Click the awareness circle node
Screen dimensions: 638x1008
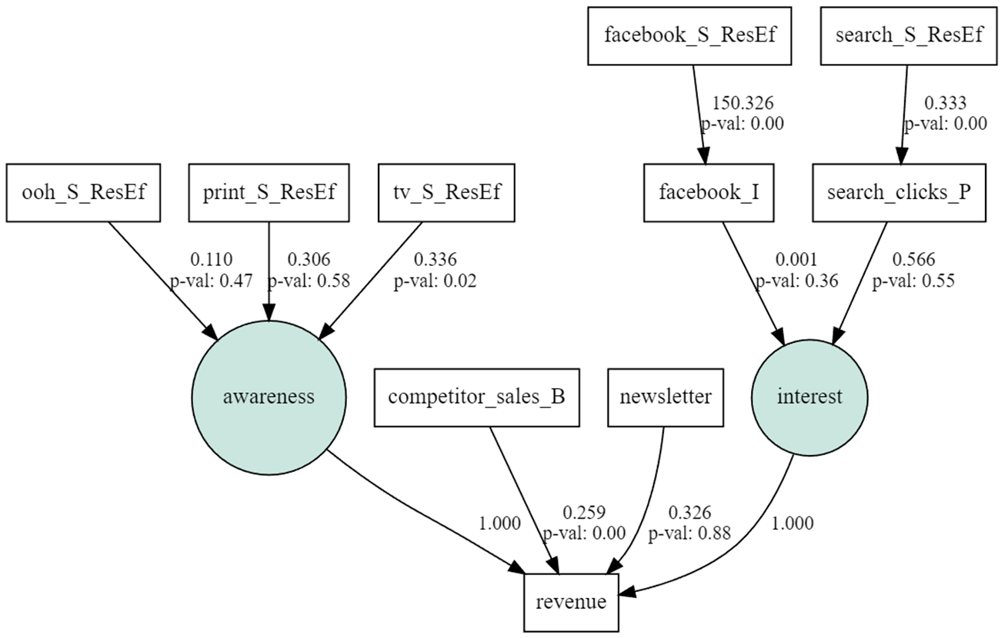tap(268, 397)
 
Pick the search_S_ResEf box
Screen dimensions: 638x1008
tap(907, 35)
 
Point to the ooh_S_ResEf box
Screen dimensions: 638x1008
tap(83, 191)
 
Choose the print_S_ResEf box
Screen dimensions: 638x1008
tap(269, 191)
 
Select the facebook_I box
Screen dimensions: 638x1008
tap(709, 191)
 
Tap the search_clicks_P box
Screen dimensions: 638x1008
tap(899, 191)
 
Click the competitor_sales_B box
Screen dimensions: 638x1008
tap(476, 397)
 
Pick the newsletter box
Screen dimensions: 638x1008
tap(666, 397)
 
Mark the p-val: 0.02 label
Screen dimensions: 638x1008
tap(436, 281)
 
